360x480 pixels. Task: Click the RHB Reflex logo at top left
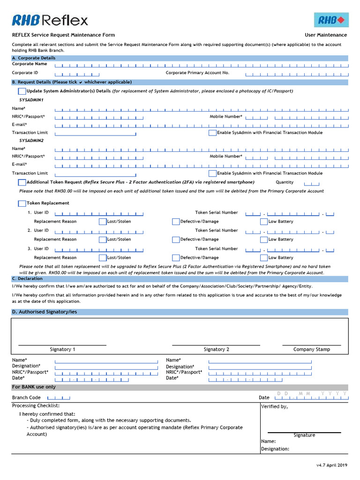pos(50,20)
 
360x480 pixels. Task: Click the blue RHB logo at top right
pos(331,20)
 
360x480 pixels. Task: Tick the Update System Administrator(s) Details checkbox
pos(22,91)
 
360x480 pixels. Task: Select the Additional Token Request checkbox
pos(22,182)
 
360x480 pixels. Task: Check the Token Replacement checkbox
pos(22,203)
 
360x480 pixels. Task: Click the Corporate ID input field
pos(77,74)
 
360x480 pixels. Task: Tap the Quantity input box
pos(312,183)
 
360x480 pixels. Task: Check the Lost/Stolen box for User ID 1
pos(103,222)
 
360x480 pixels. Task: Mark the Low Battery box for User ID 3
pos(264,258)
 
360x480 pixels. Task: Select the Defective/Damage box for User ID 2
pos(176,240)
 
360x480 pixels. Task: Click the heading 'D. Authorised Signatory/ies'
pos(45,312)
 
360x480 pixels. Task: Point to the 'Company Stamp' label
pos(311,349)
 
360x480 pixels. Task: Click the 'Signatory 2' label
pos(216,349)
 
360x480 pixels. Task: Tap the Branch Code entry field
pos(59,397)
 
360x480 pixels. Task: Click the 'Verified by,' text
pos(274,406)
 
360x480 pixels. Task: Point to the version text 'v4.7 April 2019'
pos(331,465)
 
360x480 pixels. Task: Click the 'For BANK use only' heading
pos(34,387)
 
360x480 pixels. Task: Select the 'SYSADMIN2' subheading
pos(31,141)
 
